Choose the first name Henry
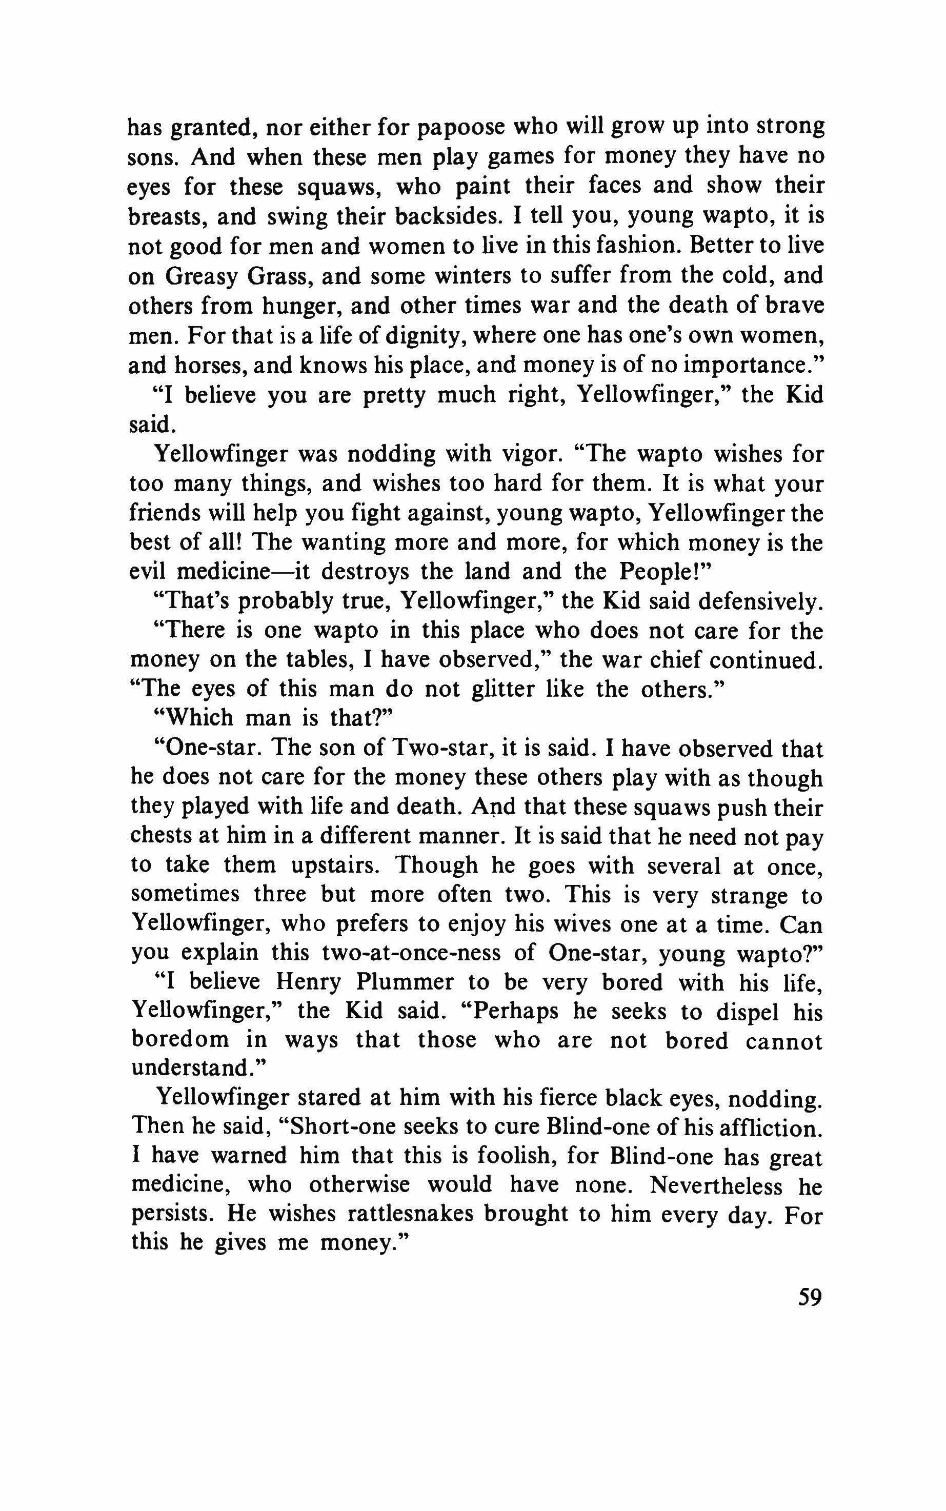pyautogui.click(x=308, y=983)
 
